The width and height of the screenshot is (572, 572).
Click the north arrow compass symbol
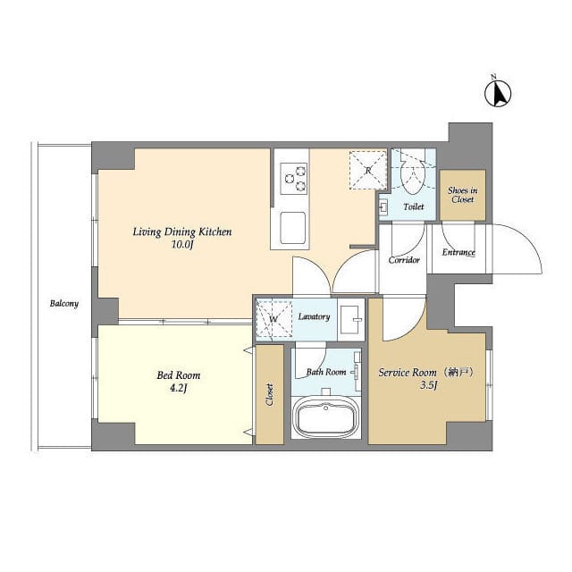[497, 91]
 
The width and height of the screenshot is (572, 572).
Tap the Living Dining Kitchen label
[182, 232]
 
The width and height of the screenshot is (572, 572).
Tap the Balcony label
[64, 303]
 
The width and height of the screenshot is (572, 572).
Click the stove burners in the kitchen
[294, 179]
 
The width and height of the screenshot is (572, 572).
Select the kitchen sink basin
[294, 228]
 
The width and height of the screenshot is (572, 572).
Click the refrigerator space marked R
[367, 168]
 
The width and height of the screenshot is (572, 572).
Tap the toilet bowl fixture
[413, 175]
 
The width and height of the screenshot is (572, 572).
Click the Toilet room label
[413, 207]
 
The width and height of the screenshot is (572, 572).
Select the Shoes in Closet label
[463, 194]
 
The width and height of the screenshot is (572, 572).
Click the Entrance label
[458, 253]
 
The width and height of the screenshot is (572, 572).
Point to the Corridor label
[404, 260]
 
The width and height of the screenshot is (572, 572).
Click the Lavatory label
[315, 316]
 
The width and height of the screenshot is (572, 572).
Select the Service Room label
[419, 372]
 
